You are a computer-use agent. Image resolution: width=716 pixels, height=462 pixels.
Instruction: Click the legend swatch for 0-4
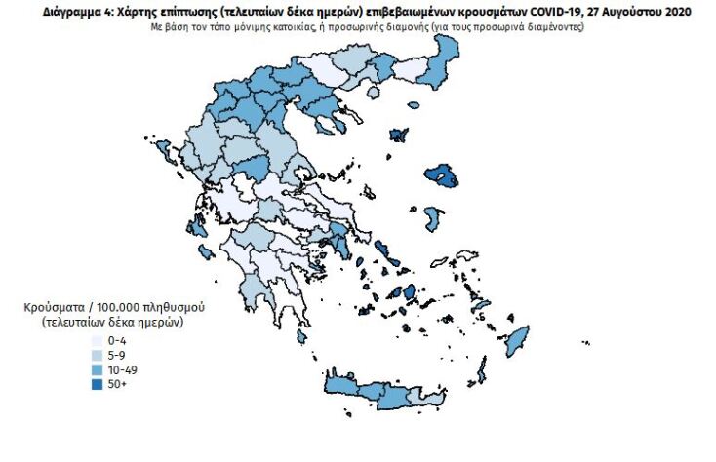98,341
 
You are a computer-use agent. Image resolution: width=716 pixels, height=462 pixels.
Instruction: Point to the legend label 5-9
117,355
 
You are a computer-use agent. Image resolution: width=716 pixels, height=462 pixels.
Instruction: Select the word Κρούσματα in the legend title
51,307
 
